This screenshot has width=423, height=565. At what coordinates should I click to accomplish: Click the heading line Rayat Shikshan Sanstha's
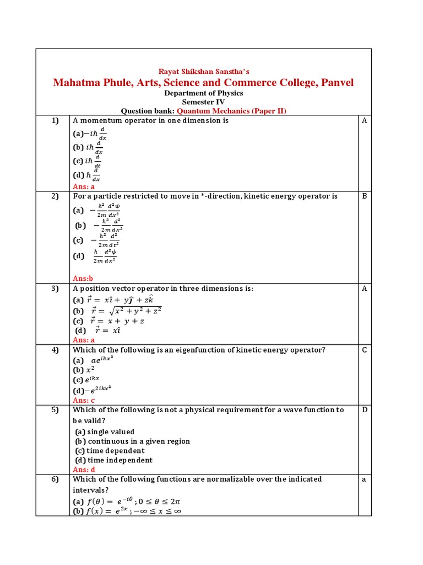[x=204, y=71]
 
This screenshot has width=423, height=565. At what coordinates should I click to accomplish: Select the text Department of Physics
[x=204, y=93]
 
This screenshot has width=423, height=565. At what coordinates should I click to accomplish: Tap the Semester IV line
[x=204, y=102]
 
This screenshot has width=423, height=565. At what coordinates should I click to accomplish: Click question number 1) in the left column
[x=55, y=120]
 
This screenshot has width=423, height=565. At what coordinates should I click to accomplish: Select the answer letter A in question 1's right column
[x=364, y=120]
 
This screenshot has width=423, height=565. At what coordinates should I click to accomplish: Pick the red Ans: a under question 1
[x=84, y=186]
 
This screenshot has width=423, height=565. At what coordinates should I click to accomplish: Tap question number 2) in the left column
[x=55, y=196]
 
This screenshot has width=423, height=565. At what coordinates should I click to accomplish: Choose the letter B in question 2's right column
[x=364, y=196]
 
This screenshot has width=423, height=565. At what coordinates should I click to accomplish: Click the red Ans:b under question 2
[x=83, y=279]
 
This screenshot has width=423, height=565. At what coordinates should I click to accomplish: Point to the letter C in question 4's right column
[x=364, y=350]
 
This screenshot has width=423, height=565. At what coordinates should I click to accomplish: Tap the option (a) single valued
[x=105, y=432]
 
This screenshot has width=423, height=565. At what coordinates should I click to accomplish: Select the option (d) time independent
[x=113, y=460]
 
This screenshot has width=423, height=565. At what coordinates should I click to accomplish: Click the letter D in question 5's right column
[x=364, y=410]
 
